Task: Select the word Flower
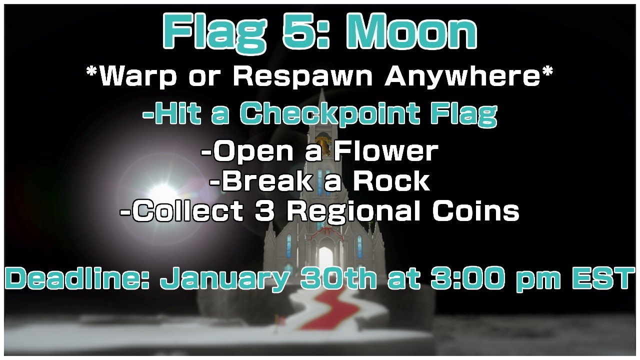pos(388,152)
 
